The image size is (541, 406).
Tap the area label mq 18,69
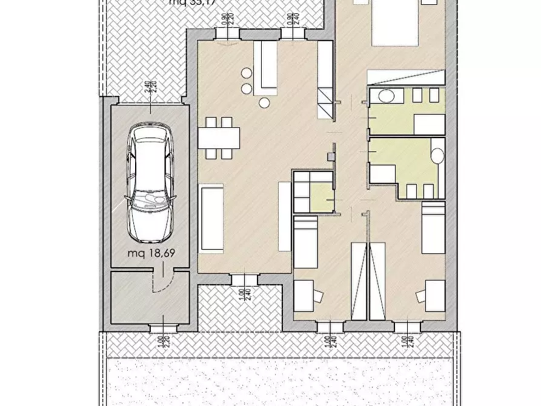point(150,253)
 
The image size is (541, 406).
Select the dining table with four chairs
point(219,138)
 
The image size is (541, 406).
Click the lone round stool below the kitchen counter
point(265,103)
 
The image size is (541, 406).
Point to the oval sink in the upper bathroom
point(387,95)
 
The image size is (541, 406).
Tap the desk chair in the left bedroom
point(317,296)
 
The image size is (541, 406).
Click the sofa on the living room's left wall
point(212,218)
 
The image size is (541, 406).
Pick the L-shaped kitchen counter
point(265,67)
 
